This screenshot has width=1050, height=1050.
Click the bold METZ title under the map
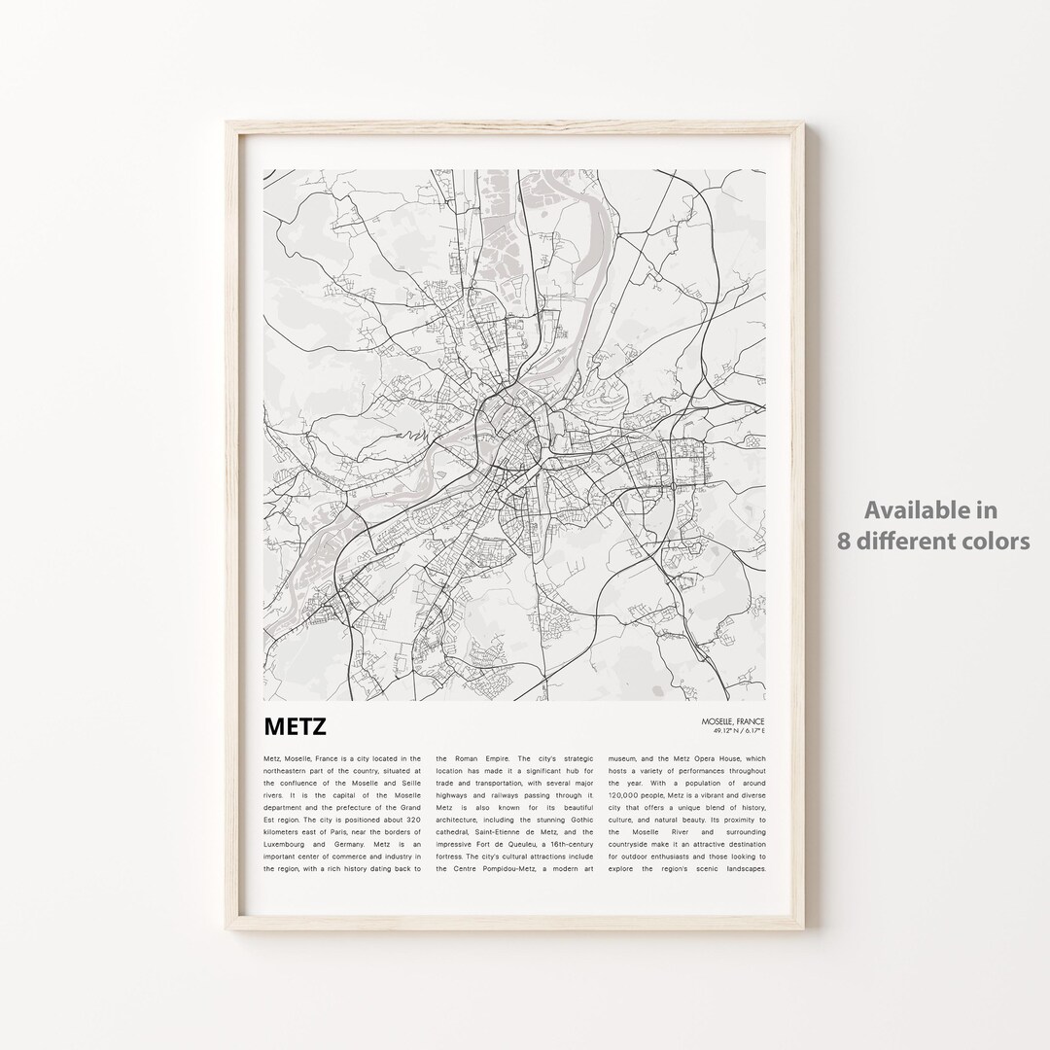click(x=295, y=727)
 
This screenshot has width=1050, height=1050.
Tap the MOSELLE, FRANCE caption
click(x=732, y=721)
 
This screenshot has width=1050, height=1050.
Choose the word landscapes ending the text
click(x=743, y=869)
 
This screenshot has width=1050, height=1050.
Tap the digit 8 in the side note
click(x=845, y=542)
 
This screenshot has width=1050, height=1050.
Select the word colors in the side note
click(x=997, y=542)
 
